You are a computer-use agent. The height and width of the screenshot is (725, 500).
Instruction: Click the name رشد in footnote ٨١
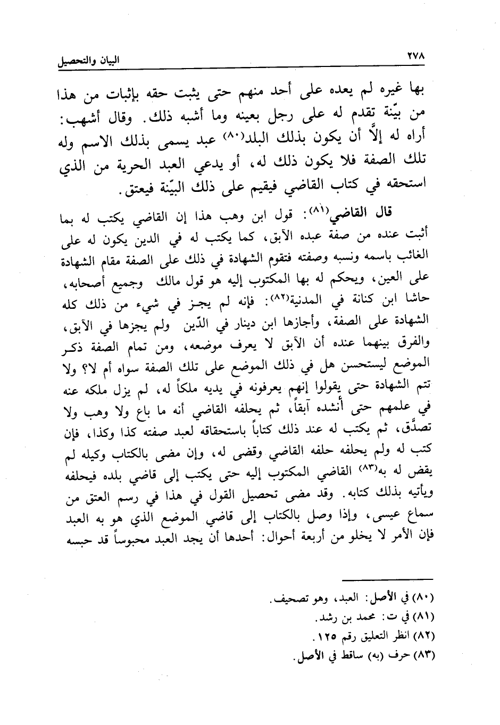pos(326,619)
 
